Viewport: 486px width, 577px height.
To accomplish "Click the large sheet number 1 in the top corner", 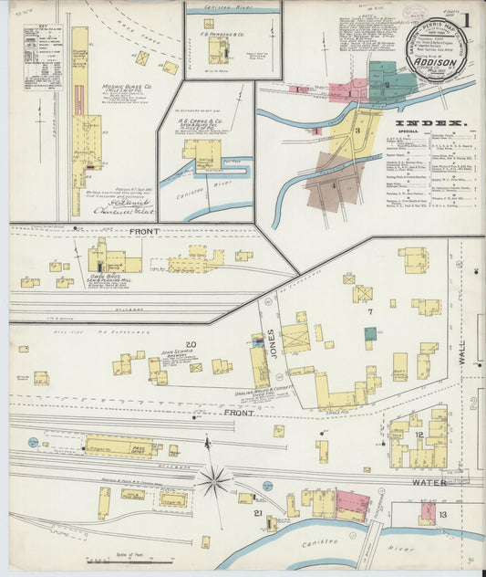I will [467, 19].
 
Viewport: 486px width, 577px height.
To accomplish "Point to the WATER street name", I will [429, 482].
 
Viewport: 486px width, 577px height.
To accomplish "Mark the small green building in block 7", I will [369, 334].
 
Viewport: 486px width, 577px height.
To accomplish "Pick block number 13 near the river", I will [442, 516].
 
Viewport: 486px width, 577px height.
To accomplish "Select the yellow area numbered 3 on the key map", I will [357, 130].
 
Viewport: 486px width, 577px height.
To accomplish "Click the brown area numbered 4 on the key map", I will [334, 185].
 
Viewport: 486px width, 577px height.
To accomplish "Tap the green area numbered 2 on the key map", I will [387, 85].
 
